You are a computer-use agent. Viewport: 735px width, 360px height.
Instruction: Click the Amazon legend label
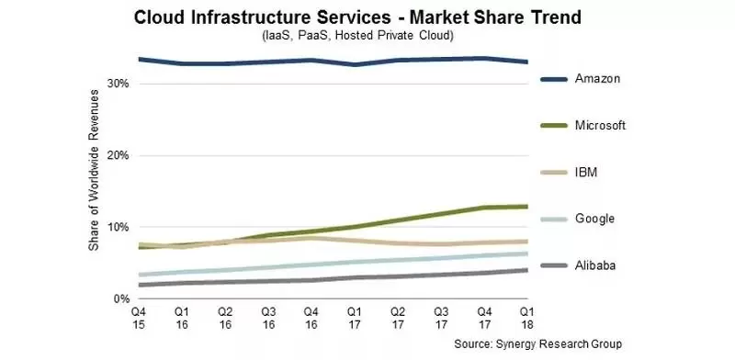(x=597, y=78)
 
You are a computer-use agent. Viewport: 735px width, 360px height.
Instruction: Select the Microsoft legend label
(x=600, y=125)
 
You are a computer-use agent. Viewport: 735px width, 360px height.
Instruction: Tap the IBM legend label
(x=586, y=172)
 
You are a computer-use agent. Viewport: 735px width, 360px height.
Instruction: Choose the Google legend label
(x=594, y=219)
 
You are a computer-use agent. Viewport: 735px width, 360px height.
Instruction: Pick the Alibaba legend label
(x=595, y=265)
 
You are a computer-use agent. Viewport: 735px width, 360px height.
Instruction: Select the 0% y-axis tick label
(x=121, y=298)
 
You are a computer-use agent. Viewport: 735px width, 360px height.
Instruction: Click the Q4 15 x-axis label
(x=139, y=317)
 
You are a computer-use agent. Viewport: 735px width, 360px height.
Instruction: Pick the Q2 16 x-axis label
(x=225, y=317)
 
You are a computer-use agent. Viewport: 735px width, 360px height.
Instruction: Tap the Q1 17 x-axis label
(x=355, y=317)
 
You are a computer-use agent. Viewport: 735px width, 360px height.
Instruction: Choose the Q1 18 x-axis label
(x=526, y=317)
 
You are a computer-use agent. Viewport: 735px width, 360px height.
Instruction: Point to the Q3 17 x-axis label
(x=441, y=317)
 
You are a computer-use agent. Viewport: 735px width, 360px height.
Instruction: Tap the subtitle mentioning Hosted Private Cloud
(x=357, y=36)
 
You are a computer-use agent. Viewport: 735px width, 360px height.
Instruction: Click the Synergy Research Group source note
(x=537, y=343)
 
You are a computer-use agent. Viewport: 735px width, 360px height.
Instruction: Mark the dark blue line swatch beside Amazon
(x=554, y=79)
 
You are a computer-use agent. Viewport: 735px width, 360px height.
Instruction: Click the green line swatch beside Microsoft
(x=554, y=126)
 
